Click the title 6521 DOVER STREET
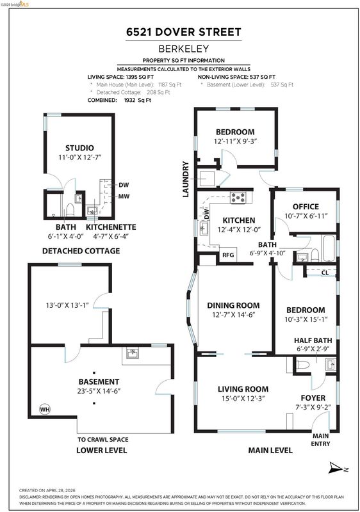coord(184,32)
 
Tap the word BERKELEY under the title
coord(184,49)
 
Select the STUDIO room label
coord(79,148)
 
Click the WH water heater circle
coord(45,409)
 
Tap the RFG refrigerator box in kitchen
coord(228,254)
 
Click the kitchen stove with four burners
coord(238,198)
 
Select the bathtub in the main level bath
coord(329,248)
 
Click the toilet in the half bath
coord(303,364)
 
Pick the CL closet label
coord(325,273)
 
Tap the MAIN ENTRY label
coord(320,440)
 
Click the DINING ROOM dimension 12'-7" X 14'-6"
coord(233,315)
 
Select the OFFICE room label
coord(306,206)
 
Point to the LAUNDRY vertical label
coord(186,179)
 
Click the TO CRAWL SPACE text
coord(103,440)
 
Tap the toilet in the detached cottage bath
coord(70,210)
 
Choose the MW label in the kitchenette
coord(124,196)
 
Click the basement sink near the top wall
coord(133,353)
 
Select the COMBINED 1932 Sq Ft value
coord(138,100)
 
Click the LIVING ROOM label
coord(243,389)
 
